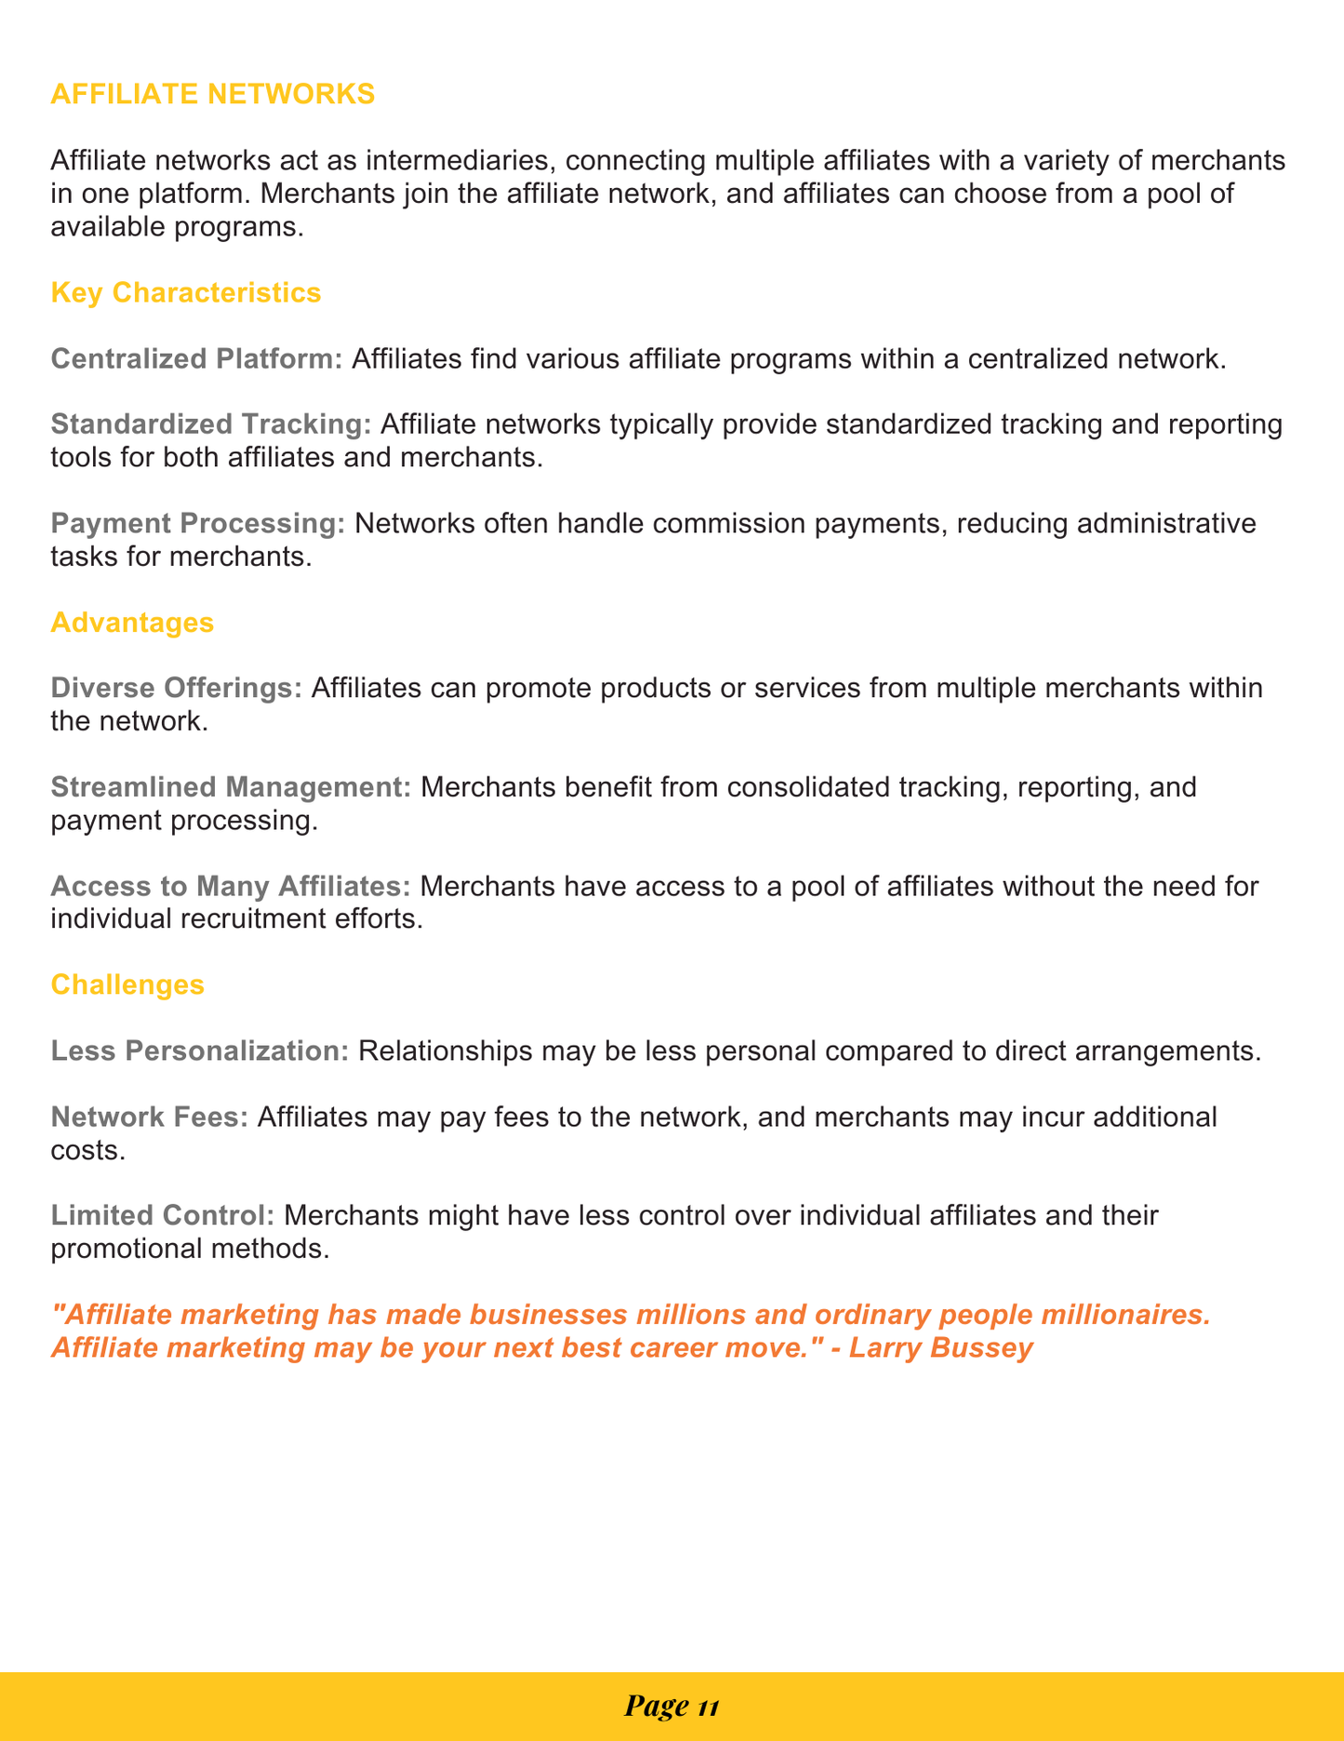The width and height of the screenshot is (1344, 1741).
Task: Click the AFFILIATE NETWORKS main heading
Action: click(x=213, y=94)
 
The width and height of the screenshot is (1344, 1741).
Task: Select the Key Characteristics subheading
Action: click(x=186, y=292)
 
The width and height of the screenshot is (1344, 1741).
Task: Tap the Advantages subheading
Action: click(x=132, y=622)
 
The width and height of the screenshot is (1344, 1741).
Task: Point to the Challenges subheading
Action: click(x=127, y=984)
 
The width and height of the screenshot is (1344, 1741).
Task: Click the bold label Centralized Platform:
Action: click(x=197, y=358)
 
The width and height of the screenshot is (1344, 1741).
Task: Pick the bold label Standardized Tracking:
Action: click(x=211, y=424)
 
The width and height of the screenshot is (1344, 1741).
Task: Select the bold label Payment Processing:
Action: click(x=198, y=523)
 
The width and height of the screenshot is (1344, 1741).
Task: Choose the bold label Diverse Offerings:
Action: click(x=177, y=688)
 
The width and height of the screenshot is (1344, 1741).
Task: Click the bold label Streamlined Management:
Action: click(x=231, y=786)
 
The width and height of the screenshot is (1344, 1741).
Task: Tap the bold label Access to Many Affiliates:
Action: click(x=231, y=886)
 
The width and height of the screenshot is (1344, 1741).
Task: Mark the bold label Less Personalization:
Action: click(x=200, y=1051)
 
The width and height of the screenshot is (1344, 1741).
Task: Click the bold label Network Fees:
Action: click(x=150, y=1117)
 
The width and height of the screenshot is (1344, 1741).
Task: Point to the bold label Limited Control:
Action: click(x=163, y=1215)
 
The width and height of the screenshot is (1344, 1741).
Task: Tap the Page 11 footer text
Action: click(x=672, y=1706)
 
